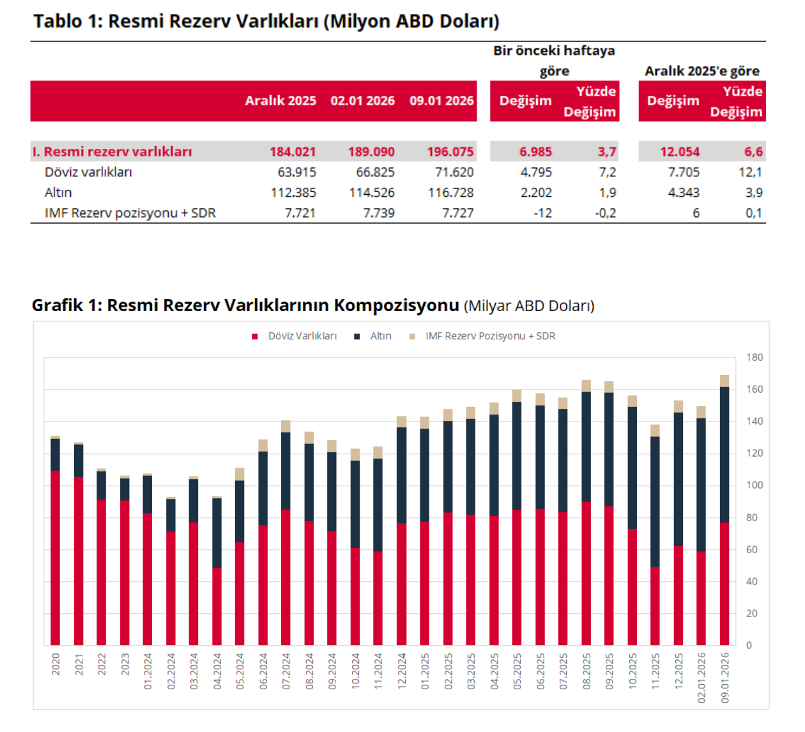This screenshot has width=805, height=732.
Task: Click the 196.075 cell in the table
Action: pyautogui.click(x=450, y=151)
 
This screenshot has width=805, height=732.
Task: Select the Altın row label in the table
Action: pyautogui.click(x=58, y=192)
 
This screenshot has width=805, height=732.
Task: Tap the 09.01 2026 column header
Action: pyautogui.click(x=441, y=100)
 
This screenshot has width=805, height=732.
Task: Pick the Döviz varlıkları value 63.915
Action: pyautogui.click(x=293, y=172)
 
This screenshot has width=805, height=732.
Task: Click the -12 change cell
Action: pyautogui.click(x=542, y=213)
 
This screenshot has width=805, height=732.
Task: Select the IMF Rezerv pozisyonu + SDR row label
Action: pyautogui.click(x=130, y=213)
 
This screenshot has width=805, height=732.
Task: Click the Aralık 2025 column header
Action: pyautogui.click(x=280, y=100)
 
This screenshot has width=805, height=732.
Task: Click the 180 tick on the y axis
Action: pyautogui.click(x=755, y=358)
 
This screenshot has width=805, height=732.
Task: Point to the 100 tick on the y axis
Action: pyautogui.click(x=755, y=485)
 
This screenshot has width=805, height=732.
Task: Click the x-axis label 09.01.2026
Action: pyautogui.click(x=724, y=678)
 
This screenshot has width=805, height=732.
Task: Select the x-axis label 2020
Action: pyautogui.click(x=56, y=664)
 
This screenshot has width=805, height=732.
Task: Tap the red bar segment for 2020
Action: pyautogui.click(x=56, y=558)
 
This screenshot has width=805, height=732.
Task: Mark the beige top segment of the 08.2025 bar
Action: pyautogui.click(x=586, y=386)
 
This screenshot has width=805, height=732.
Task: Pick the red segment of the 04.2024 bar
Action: pyautogui.click(x=217, y=606)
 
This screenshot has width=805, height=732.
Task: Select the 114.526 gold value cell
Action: pyautogui.click(x=371, y=192)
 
